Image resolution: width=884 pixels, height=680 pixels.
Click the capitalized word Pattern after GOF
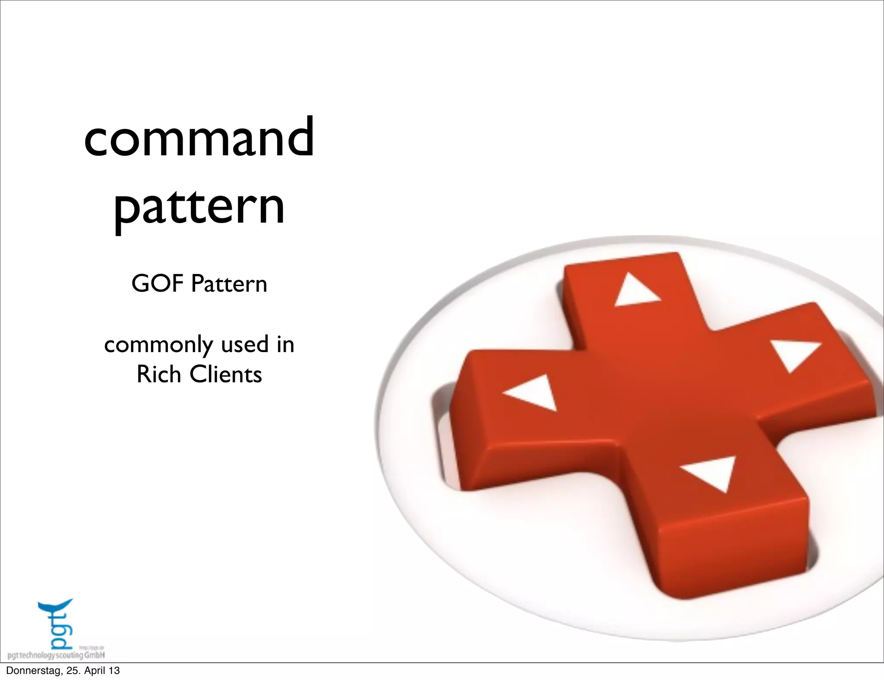click(229, 284)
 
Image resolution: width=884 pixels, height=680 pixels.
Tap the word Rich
click(158, 374)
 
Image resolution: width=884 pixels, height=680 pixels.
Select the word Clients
click(226, 374)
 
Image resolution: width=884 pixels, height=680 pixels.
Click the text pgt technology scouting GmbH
click(56, 655)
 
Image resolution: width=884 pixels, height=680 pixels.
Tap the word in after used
click(285, 344)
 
